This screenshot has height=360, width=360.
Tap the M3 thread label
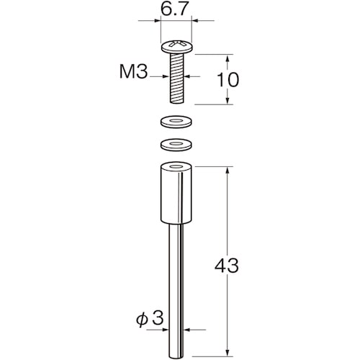134,72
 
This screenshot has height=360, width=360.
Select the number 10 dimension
228,79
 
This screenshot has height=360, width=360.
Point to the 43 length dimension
227,266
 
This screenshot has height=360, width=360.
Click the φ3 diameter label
150,318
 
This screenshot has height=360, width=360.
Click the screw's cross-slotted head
177,47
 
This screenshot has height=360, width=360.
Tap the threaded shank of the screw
177,78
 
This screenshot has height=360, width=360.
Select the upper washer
176,122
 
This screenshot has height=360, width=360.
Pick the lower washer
176,145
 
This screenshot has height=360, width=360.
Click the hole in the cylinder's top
176,166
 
